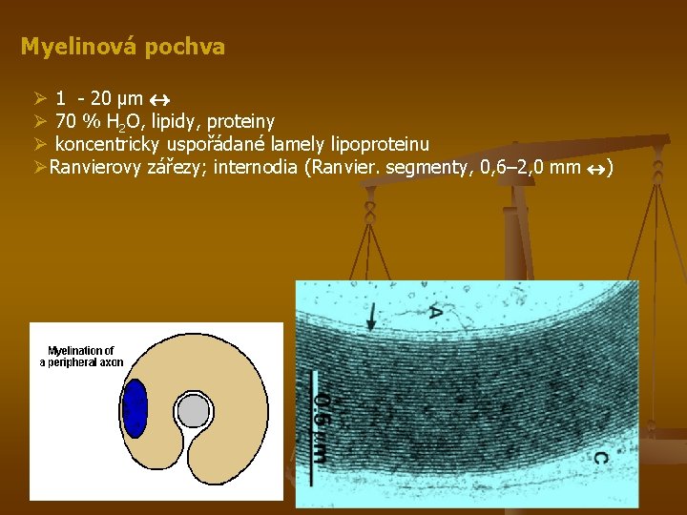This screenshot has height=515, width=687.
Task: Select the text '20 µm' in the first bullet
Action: click(116, 98)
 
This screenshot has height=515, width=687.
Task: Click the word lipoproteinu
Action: click(379, 145)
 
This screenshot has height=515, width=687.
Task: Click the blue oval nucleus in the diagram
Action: click(136, 407)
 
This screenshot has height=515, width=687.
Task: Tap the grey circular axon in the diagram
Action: click(194, 411)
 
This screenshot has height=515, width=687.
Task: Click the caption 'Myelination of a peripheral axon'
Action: click(81, 357)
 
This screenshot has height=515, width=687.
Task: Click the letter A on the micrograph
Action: click(435, 311)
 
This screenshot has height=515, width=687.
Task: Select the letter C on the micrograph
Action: click(599, 458)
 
